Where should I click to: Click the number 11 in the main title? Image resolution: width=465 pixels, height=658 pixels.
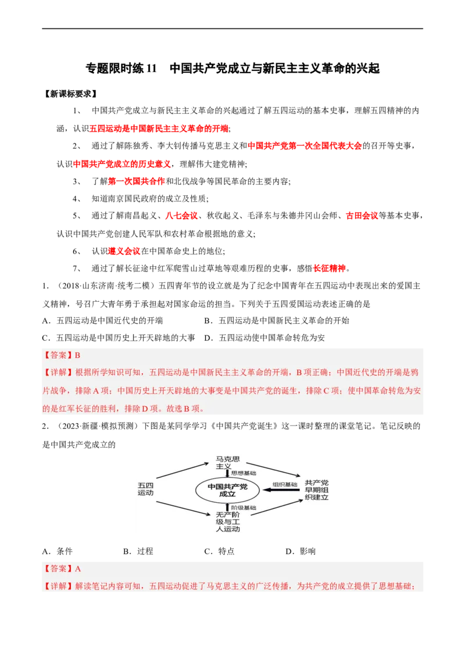click(151, 69)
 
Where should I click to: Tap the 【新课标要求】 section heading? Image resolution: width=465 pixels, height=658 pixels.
click(70, 94)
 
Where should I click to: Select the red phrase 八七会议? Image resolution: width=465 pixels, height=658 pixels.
click(181, 216)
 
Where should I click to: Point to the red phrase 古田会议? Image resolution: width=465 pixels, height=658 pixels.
click(362, 216)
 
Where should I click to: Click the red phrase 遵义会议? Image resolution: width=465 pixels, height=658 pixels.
click(124, 251)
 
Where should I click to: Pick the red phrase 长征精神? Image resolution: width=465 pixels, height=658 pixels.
click(330, 269)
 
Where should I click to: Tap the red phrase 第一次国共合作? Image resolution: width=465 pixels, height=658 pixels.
click(137, 181)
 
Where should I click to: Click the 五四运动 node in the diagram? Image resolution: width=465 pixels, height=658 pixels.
click(146, 489)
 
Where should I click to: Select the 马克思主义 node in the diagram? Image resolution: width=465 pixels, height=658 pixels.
click(227, 463)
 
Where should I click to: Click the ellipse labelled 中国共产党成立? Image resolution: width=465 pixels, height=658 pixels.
click(227, 490)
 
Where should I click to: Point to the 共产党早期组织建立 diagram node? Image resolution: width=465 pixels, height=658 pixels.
click(316, 490)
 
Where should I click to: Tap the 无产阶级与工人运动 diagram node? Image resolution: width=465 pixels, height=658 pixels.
click(228, 522)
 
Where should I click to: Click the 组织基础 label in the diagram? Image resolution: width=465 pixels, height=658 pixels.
click(285, 484)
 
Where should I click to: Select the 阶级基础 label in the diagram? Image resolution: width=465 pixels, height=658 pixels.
click(244, 508)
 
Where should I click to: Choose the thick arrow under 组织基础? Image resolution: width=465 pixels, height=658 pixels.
click(280, 490)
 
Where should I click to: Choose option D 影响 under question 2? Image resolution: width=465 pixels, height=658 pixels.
click(301, 552)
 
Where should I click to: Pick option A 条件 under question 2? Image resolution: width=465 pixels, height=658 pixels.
click(58, 552)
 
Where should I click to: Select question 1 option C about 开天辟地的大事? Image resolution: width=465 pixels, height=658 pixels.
click(119, 338)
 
